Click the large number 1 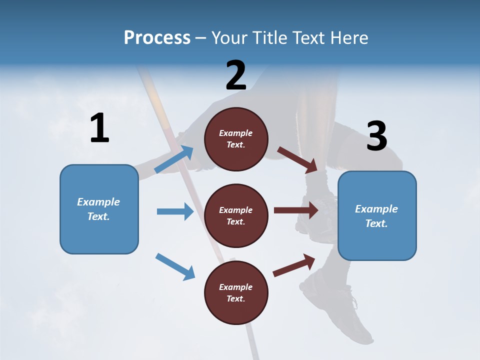[x=99, y=128]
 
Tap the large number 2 [x=236, y=75]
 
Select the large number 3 [x=376, y=136]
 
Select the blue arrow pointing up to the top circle [x=174, y=159]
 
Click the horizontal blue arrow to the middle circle [x=175, y=211]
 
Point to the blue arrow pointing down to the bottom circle [x=175, y=266]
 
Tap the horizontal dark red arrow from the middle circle [x=296, y=210]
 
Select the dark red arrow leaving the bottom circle [x=294, y=265]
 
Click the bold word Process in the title [x=157, y=37]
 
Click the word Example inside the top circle [x=236, y=133]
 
